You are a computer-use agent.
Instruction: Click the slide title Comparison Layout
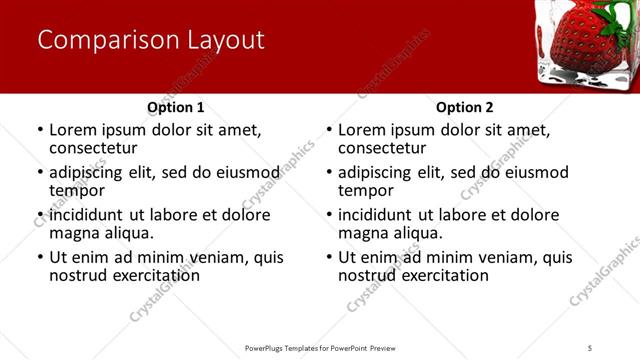pyautogui.click(x=151, y=40)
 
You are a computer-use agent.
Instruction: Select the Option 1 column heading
pyautogui.click(x=175, y=107)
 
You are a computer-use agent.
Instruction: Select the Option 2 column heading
pyautogui.click(x=464, y=107)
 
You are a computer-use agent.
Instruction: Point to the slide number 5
pyautogui.click(x=590, y=347)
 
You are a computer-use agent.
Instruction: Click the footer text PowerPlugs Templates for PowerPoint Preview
pyautogui.click(x=320, y=347)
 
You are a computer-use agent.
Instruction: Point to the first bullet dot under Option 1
pyautogui.click(x=40, y=130)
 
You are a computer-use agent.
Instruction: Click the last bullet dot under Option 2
pyautogui.click(x=329, y=257)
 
